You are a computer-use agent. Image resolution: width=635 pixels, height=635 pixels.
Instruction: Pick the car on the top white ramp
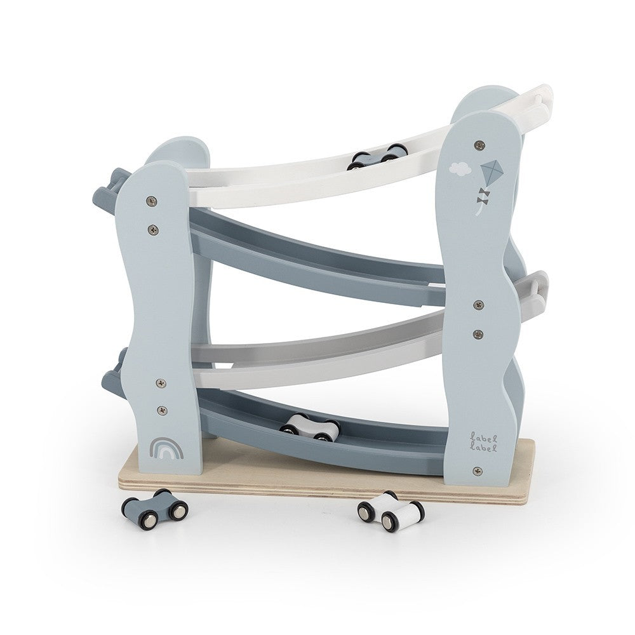tap(374, 157)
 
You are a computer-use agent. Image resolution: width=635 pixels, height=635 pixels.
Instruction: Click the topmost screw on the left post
tap(152, 200)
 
